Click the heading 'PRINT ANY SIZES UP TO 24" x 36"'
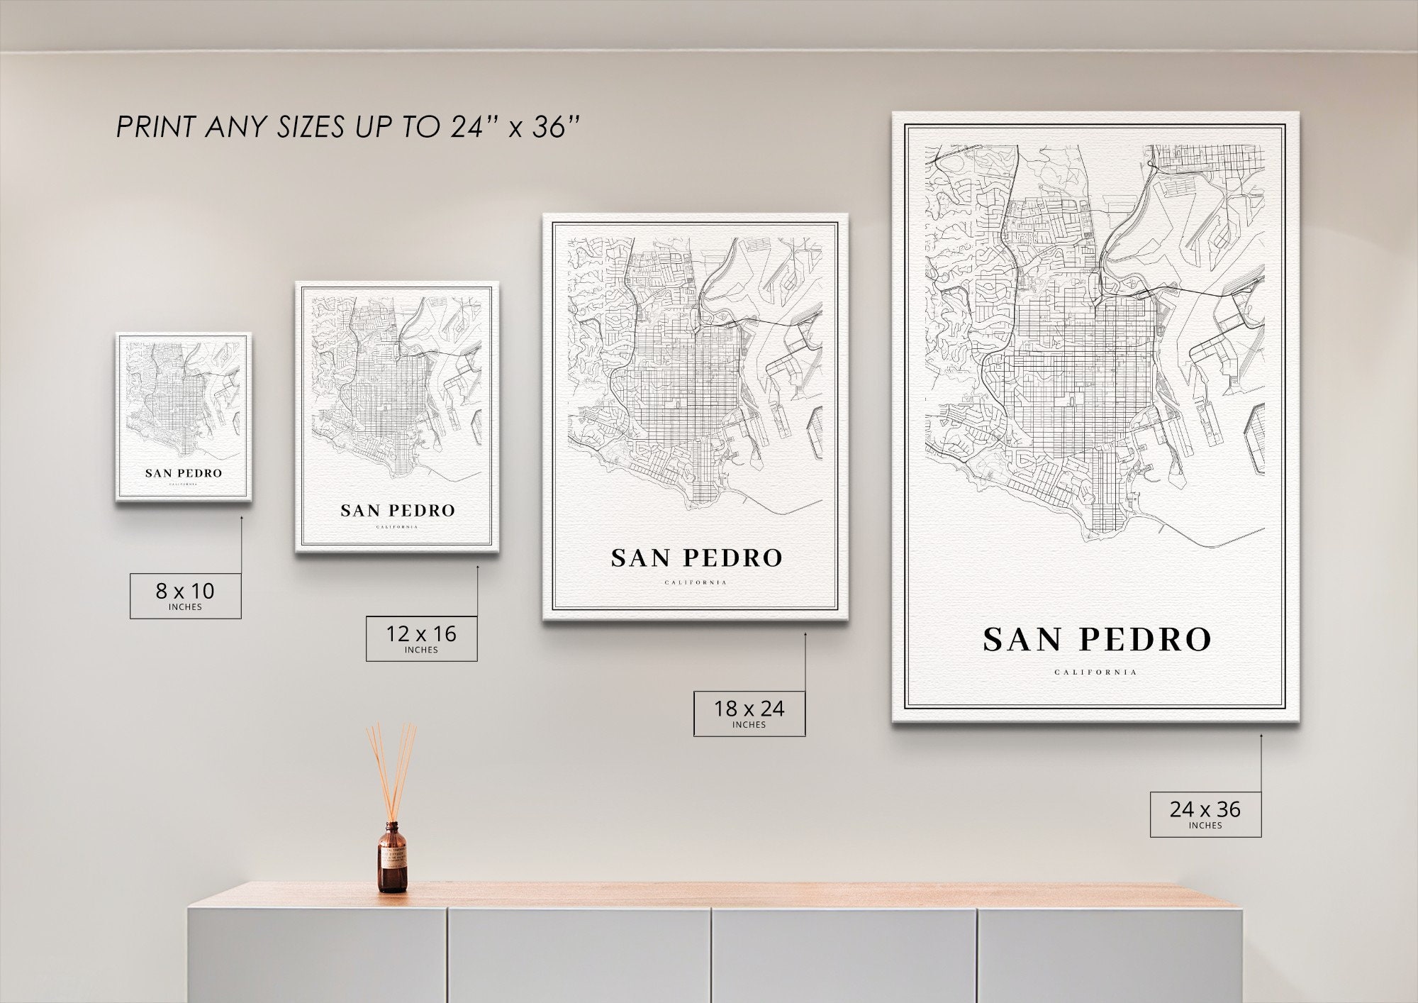pos(348,127)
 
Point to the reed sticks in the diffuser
pos(391,770)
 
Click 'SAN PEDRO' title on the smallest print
pos(184,473)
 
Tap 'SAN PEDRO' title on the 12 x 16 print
pos(397,511)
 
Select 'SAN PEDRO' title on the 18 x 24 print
pos(696,558)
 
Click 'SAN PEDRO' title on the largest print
pos(1096,640)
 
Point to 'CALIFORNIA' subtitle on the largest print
pos(1095,672)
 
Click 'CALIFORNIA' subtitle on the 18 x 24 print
pos(696,583)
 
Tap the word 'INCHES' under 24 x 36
pos(1205,826)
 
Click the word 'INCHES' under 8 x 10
pos(185,607)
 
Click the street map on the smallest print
pos(184,401)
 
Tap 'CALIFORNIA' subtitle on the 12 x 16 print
pos(397,527)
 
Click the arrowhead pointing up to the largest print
pos(1261,736)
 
